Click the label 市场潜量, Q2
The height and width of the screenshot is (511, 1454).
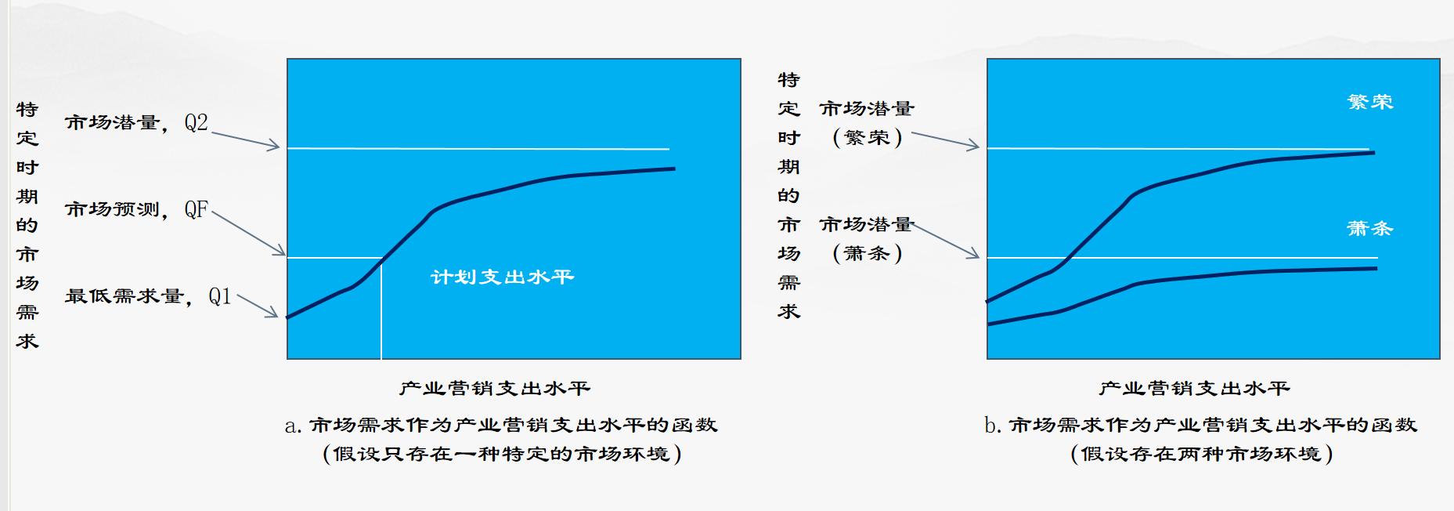(x=136, y=123)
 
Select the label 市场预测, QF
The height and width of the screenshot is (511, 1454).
(x=136, y=209)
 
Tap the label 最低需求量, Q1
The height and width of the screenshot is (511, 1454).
(x=148, y=296)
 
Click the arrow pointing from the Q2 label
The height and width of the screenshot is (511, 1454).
(x=245, y=140)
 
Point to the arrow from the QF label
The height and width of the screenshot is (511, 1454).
(x=248, y=233)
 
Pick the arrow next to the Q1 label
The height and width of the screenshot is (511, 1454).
(x=257, y=306)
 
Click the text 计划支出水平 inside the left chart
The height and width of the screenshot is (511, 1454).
(x=502, y=277)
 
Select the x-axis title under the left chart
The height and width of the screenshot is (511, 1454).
(x=494, y=388)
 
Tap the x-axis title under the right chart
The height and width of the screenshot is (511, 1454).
(x=1194, y=388)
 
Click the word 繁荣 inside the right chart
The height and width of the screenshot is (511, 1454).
(x=1369, y=102)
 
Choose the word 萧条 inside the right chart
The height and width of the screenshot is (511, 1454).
(x=1369, y=229)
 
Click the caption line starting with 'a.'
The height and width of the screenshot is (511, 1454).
(x=501, y=425)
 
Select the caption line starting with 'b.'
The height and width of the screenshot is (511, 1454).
(x=1200, y=425)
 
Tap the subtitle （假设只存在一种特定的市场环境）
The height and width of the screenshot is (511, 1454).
(x=502, y=454)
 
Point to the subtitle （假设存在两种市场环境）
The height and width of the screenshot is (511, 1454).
(x=1201, y=454)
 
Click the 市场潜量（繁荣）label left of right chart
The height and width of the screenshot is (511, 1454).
(x=867, y=123)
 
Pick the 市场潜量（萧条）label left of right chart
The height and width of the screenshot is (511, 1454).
(x=867, y=239)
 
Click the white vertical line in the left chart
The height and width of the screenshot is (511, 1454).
(x=381, y=310)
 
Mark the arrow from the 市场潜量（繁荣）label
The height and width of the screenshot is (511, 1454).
(x=945, y=140)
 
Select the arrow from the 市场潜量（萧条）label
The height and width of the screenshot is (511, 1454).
(x=946, y=241)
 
